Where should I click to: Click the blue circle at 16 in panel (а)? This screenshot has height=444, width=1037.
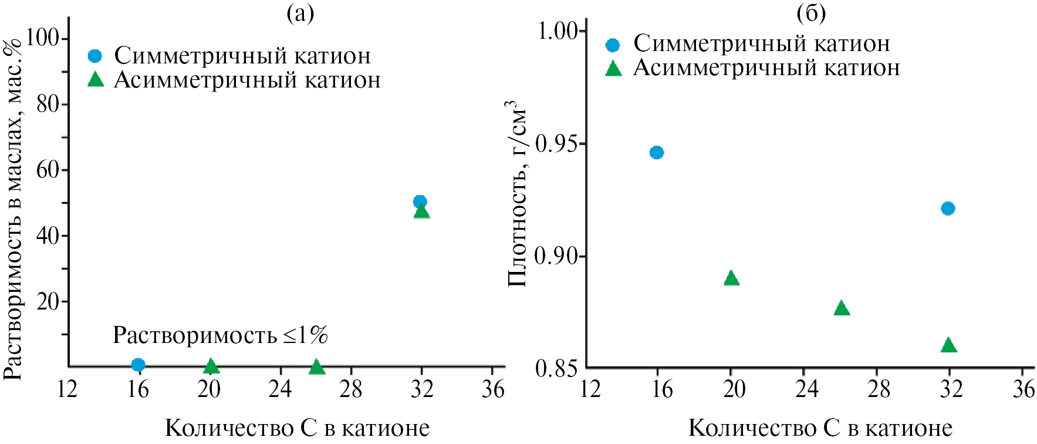(138, 365)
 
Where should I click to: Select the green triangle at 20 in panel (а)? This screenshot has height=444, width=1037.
(211, 366)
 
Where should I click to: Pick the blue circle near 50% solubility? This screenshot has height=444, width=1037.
(420, 201)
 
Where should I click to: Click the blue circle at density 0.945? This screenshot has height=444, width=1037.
(657, 153)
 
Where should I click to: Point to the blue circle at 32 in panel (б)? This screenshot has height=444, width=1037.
(948, 208)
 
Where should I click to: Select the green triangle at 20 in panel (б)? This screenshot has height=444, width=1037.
(731, 278)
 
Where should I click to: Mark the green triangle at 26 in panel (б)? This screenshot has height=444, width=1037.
(842, 308)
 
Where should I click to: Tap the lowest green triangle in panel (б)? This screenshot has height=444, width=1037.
(948, 345)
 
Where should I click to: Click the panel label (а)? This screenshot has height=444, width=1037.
(300, 13)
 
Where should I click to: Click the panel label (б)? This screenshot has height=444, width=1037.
(811, 13)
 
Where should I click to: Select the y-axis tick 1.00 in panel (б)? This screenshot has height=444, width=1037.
(558, 31)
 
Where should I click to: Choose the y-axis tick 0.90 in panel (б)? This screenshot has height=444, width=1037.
(555, 256)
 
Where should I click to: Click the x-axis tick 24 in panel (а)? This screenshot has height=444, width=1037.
(280, 389)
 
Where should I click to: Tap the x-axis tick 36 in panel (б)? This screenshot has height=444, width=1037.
(1023, 389)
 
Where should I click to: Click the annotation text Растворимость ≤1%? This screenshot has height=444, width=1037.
(220, 335)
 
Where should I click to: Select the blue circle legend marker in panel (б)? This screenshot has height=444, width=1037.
(613, 45)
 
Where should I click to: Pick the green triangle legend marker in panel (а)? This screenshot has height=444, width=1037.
(95, 80)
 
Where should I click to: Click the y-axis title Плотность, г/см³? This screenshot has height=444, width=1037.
(516, 194)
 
